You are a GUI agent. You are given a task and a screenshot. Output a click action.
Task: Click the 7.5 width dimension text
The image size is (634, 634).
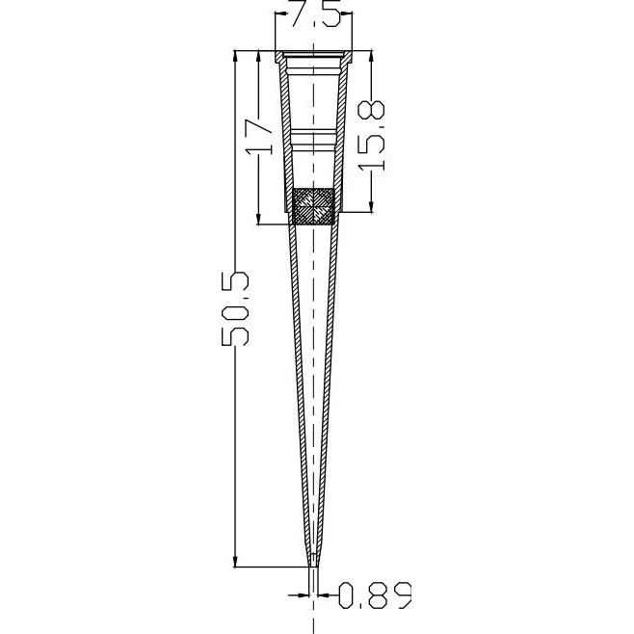(x=316, y=13)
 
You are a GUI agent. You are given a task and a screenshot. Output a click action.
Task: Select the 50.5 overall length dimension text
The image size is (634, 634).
(x=235, y=309)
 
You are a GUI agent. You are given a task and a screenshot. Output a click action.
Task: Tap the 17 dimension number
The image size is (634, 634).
(x=259, y=136)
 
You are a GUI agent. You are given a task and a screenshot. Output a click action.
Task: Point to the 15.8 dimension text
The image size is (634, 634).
(x=372, y=136)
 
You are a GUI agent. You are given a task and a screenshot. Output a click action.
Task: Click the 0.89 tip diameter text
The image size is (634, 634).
(x=375, y=594)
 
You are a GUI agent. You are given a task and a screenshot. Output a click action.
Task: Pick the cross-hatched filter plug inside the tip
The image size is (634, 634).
(x=313, y=206)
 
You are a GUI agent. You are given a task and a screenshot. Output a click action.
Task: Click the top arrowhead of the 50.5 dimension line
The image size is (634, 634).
(x=235, y=56)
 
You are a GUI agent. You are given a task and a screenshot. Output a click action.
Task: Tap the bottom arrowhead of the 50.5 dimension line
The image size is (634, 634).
(x=235, y=561)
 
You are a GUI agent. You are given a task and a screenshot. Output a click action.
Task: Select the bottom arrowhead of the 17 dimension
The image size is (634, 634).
(x=258, y=219)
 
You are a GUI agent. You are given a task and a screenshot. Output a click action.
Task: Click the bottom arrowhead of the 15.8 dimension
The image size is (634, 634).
(x=372, y=206)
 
